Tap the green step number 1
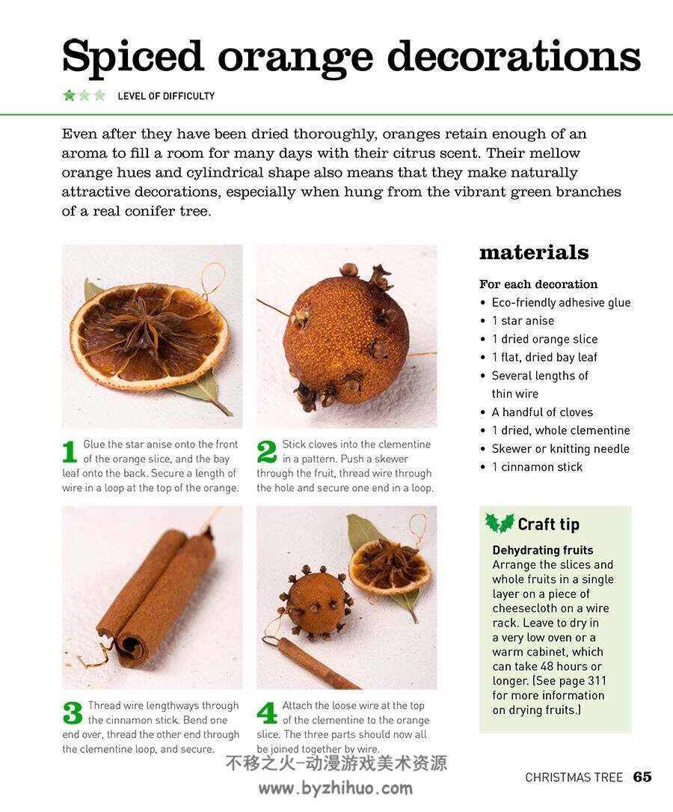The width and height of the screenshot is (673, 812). click(x=70, y=451)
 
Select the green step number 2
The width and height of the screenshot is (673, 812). click(x=267, y=451)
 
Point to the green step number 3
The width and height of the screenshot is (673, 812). click(x=73, y=713)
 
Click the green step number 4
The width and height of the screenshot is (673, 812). click(x=267, y=713)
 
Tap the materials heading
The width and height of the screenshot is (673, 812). click(x=534, y=252)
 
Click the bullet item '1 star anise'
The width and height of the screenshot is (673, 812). click(x=523, y=320)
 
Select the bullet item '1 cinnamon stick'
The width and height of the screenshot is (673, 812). click(x=537, y=467)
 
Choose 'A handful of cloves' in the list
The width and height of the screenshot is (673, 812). click(x=542, y=412)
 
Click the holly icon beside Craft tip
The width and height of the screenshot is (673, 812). click(x=500, y=523)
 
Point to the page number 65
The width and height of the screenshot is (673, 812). click(x=642, y=777)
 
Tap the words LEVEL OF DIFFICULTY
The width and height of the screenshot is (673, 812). click(x=166, y=96)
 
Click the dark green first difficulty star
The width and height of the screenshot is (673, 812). click(x=69, y=95)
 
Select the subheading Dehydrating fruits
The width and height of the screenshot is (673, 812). click(x=543, y=550)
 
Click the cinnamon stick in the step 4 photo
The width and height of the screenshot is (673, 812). click(x=316, y=664)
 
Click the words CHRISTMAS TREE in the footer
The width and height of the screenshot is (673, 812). click(x=574, y=778)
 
